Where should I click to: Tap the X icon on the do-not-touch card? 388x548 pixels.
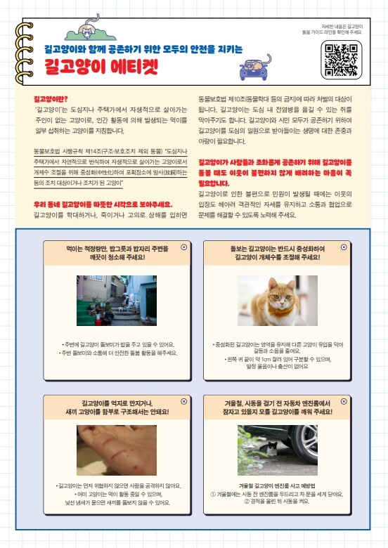point(184,402)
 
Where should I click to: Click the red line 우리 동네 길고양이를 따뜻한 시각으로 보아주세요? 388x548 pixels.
point(103,204)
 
